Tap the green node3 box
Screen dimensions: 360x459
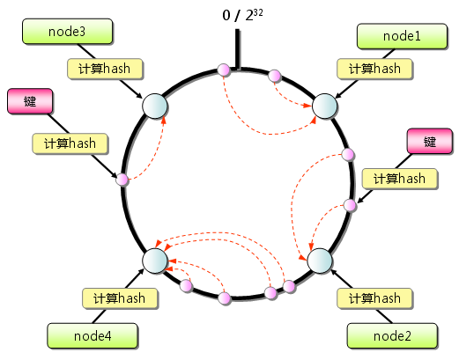[x=68, y=32]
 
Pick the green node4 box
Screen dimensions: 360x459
[x=92, y=334]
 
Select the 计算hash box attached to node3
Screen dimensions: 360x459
[x=105, y=69]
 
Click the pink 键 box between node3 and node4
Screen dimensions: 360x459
[x=30, y=101]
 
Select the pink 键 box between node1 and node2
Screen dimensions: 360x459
[x=430, y=142]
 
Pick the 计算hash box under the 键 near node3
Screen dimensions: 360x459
[x=70, y=143]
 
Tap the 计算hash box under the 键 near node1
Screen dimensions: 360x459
[x=400, y=179]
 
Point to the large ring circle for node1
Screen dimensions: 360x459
[x=324, y=105]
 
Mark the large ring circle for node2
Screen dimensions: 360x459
[x=319, y=261]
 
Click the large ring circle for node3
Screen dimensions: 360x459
[x=154, y=106]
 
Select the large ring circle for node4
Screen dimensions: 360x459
[x=154, y=261]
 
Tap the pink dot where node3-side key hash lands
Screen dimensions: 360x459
[x=122, y=180]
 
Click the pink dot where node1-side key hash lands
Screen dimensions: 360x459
[x=350, y=205]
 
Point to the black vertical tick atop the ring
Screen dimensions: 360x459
[x=237, y=48]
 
